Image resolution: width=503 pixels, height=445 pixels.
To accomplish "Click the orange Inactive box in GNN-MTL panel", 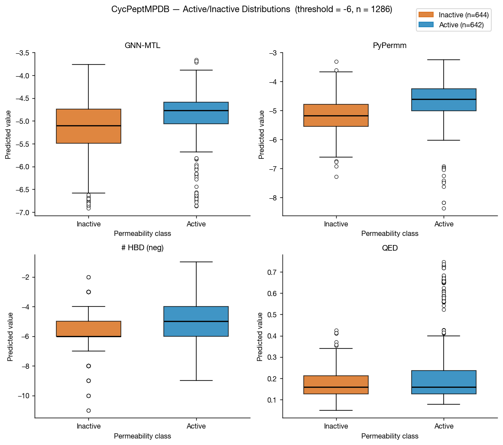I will point(88,126).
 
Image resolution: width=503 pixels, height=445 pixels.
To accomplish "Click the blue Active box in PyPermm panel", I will point(444,100).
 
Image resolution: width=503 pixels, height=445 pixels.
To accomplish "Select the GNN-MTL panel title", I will point(143,45).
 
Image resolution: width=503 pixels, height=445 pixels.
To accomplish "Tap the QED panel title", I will point(390,248).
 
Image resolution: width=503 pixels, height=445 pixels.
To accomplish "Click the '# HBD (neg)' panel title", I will point(143,248).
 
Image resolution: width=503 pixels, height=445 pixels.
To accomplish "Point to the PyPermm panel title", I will point(390,45).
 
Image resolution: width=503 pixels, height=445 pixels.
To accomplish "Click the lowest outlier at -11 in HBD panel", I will point(88,410).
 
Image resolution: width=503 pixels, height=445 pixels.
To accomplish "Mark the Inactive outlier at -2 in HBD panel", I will point(88,277).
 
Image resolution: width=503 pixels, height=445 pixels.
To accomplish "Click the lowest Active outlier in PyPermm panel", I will point(444,208).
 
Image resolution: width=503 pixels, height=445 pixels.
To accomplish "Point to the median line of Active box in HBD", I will point(196,322).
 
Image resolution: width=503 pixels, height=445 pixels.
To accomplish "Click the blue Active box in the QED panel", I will point(444,382).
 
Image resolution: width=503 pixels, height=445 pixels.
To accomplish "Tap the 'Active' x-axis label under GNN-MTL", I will point(196,224).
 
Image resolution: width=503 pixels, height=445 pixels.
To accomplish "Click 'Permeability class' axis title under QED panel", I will point(390,436).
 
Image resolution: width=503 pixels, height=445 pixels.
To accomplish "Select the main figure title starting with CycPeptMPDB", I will point(252,10).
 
